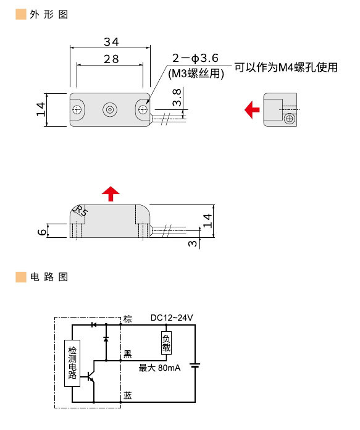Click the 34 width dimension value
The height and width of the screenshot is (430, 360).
coord(111,41)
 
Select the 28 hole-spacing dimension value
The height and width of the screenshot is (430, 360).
coord(111,59)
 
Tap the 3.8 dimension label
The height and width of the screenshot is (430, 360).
coord(177,98)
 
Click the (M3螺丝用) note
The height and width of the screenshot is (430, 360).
coord(196,72)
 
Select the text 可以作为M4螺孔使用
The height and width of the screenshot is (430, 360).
coord(286,67)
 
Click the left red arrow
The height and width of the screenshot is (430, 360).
coord(251,110)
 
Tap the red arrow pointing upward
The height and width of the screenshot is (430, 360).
coord(111,193)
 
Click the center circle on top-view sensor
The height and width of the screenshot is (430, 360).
coord(109,110)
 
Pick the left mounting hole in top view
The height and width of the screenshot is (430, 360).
coord(77,110)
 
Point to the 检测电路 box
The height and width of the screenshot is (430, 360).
coord(72,363)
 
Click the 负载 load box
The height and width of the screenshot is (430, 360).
coord(165,342)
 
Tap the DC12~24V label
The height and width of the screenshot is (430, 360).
coord(172,318)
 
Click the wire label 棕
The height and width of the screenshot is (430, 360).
coord(128,319)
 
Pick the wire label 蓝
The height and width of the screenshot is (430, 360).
coord(127,395)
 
